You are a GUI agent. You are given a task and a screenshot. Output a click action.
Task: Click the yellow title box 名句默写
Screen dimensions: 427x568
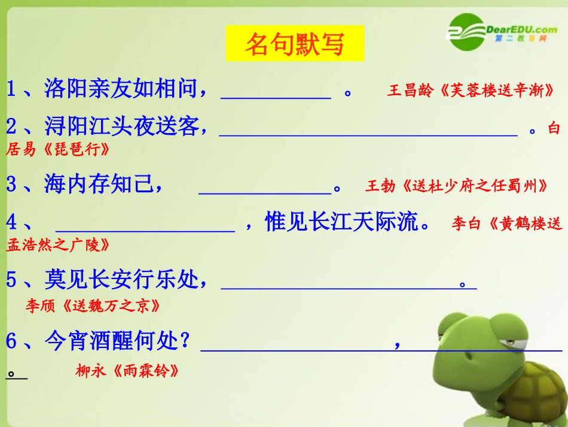(x=295, y=44)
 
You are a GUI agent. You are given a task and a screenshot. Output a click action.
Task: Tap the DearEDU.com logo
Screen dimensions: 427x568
(x=502, y=31)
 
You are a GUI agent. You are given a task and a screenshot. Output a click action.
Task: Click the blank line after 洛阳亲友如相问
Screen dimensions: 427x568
(x=276, y=93)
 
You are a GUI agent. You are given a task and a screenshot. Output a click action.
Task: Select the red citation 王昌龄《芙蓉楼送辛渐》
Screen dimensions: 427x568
(x=470, y=91)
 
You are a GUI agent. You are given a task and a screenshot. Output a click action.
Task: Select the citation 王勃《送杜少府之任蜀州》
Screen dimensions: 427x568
(x=457, y=186)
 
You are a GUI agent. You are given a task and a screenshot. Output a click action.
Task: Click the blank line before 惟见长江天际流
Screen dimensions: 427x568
(x=145, y=226)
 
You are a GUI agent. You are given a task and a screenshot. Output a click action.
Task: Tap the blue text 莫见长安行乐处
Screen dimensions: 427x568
(x=126, y=279)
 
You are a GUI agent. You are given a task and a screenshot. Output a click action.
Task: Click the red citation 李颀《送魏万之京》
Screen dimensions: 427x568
(x=93, y=306)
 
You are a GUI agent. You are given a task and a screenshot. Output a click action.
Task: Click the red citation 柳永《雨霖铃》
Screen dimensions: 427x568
(x=127, y=371)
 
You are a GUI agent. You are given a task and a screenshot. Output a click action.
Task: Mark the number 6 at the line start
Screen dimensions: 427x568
(x=12, y=342)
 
